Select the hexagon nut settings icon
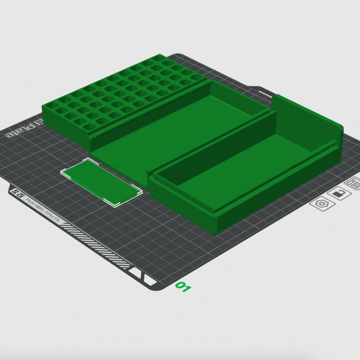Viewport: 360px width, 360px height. tap(320, 204)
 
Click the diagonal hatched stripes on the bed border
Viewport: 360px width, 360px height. tap(95, 243)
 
